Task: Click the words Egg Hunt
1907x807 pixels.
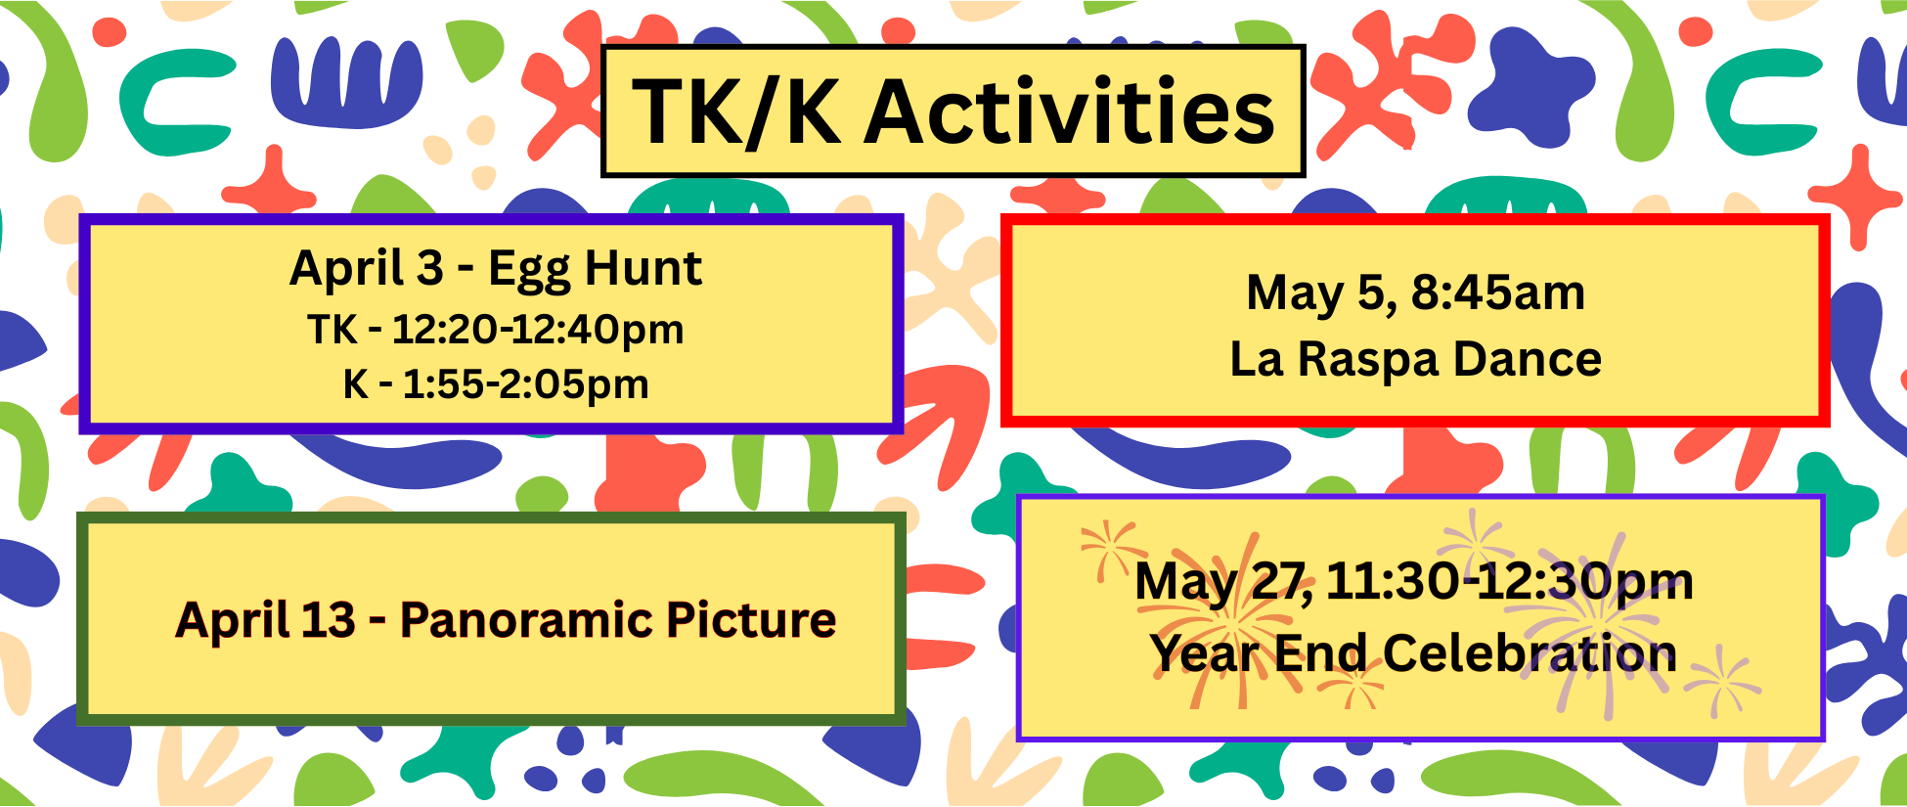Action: click(x=595, y=269)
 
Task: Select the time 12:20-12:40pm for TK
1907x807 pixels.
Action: click(x=538, y=330)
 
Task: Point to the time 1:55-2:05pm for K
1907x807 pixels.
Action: click(x=525, y=384)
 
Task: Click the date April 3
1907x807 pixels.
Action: click(x=367, y=269)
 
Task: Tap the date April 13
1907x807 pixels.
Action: click(x=265, y=620)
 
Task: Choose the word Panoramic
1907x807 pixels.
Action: click(x=525, y=620)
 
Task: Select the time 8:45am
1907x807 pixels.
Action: click(x=1497, y=292)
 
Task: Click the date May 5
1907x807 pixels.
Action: click(x=1320, y=293)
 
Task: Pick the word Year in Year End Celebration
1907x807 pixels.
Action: click(x=1203, y=653)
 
